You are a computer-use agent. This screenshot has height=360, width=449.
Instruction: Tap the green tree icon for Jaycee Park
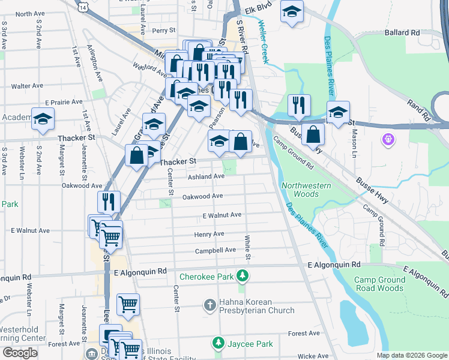(218, 344)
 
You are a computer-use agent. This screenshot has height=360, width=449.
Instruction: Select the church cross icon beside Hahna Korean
(210, 305)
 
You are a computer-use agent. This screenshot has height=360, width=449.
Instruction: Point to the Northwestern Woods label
(306, 190)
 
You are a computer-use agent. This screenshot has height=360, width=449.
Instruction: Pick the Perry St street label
(163, 30)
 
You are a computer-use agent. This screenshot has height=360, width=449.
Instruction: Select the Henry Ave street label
(209, 234)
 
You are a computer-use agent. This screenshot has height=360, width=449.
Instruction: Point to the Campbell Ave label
(215, 250)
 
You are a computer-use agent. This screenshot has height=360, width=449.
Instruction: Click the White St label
(247, 247)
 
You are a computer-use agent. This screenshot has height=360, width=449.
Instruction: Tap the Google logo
(20, 353)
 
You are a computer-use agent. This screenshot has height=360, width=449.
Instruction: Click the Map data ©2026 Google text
(411, 355)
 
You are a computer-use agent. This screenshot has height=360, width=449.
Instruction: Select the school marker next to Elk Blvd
(292, 11)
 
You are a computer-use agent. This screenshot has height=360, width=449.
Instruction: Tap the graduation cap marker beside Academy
(43, 119)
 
